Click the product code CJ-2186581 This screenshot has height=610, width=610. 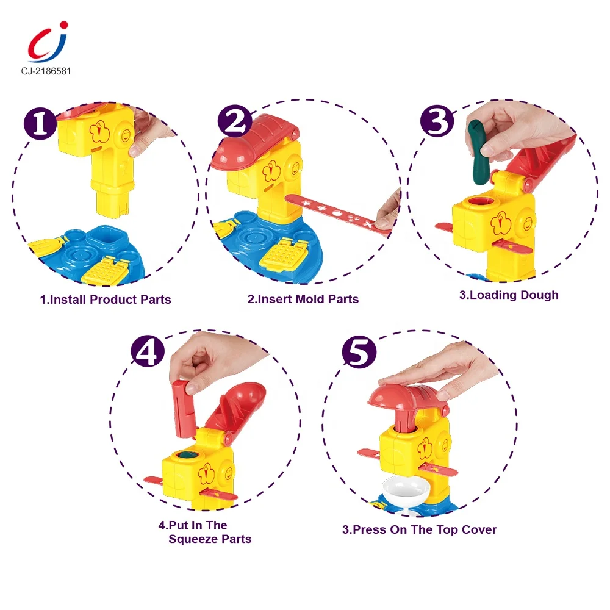point(46,71)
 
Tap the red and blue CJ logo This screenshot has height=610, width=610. point(48,42)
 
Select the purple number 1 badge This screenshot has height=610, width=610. point(40,124)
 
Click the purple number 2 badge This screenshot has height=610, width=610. point(235,121)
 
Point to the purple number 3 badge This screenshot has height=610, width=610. point(437,121)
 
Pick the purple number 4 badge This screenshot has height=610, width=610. point(148,351)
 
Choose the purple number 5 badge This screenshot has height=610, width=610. point(359,352)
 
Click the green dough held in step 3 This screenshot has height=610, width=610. point(479,152)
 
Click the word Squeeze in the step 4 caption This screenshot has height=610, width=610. point(193,539)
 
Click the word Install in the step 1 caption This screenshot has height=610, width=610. point(68,300)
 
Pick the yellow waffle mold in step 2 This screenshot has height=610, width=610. point(285,255)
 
